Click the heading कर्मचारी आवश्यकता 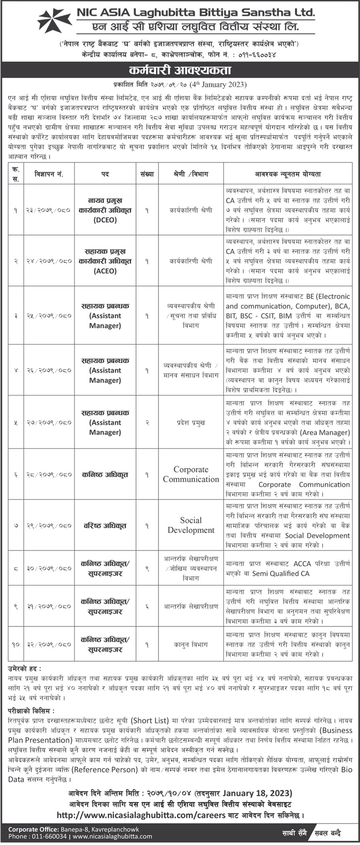pyautogui.click(x=180, y=71)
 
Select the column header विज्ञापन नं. pyautogui.click(x=49, y=174)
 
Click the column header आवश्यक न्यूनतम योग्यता pyautogui.click(x=288, y=174)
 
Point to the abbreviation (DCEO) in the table pyautogui.click(x=105, y=220)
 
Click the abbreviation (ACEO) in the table pyautogui.click(x=105, y=271)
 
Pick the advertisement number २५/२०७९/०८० pyautogui.click(x=49, y=316)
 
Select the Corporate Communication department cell pyautogui.click(x=191, y=474)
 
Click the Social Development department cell pyautogui.click(x=191, y=525)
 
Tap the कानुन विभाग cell pyautogui.click(x=191, y=644)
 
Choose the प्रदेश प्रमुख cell pyautogui.click(x=191, y=422)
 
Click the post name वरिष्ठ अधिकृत pyautogui.click(x=105, y=525)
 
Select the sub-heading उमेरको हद pyautogui.click(x=24, y=669)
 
